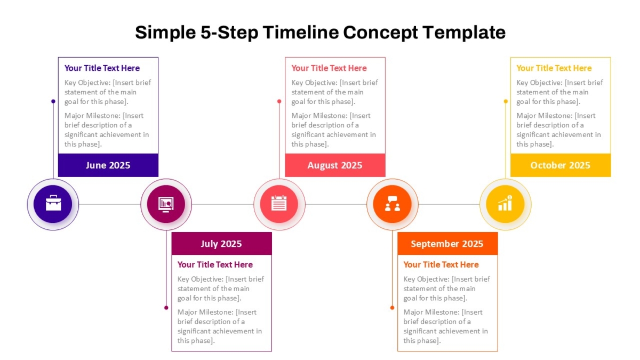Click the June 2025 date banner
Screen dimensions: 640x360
tap(108, 165)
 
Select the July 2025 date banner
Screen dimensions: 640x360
tap(221, 243)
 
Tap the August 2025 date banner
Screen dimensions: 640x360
tap(335, 165)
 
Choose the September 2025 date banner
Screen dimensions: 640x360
tap(447, 243)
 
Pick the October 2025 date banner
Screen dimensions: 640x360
tap(561, 165)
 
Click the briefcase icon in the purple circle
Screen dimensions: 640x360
tap(53, 203)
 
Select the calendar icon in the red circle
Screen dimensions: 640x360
tap(279, 203)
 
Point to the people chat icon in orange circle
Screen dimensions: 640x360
tap(393, 204)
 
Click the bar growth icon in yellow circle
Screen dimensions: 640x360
tap(505, 203)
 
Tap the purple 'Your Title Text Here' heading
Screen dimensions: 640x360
tap(102, 68)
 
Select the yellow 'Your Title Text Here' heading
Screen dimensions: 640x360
tap(554, 68)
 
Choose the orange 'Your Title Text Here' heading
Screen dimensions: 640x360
tap(441, 265)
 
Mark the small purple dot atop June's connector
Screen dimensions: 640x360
tap(53, 101)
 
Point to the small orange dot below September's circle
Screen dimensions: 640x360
tap(393, 308)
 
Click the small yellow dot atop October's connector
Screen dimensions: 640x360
tap(506, 101)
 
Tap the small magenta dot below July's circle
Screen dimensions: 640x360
tap(166, 308)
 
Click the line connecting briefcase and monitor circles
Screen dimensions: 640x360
tap(110, 204)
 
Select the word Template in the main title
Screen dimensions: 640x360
tap(464, 33)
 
